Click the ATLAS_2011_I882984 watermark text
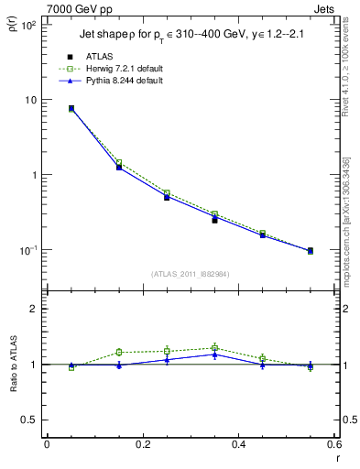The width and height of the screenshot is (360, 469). (x=190, y=274)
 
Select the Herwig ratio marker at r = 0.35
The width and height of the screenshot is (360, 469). (x=214, y=347)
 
